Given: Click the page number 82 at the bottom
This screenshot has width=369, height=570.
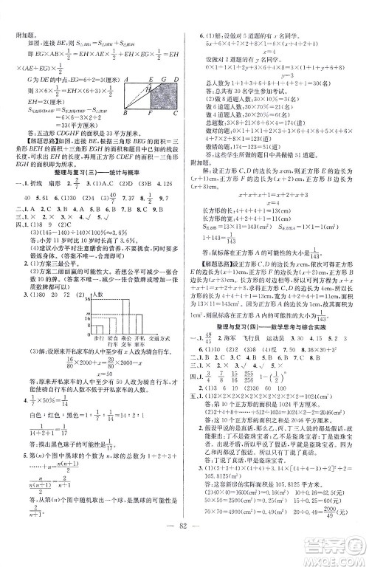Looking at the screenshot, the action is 184,557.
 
